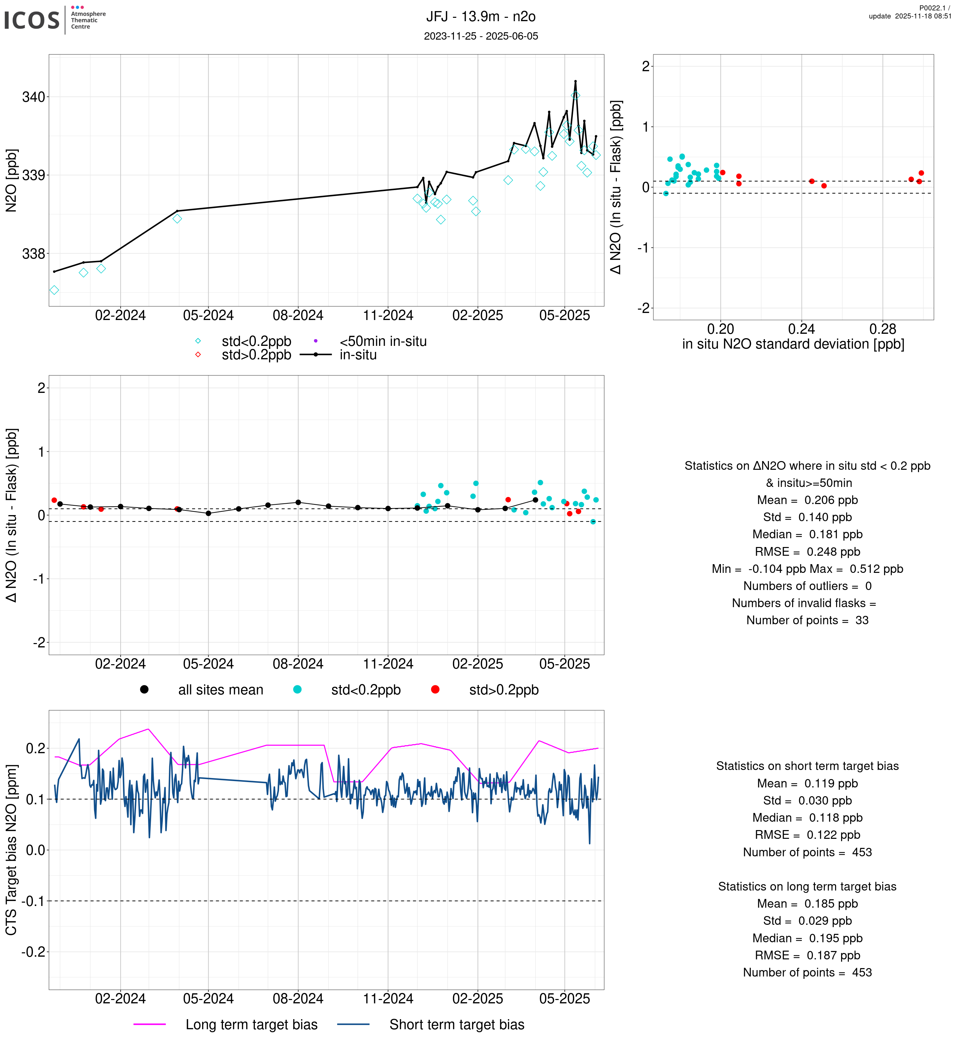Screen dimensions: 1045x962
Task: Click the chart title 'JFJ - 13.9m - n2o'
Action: click(480, 17)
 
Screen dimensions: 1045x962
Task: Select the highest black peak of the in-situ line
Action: click(575, 81)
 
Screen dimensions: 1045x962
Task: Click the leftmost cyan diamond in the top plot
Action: click(54, 290)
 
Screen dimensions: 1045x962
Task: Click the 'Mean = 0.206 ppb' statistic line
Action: click(807, 500)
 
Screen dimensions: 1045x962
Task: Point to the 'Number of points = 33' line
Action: click(807, 620)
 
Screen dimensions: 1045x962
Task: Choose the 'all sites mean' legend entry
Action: click(220, 690)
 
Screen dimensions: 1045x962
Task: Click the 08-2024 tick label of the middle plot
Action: click(298, 664)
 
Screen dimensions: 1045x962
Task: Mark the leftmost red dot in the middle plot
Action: click(54, 500)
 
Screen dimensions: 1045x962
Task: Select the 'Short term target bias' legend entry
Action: click(457, 1025)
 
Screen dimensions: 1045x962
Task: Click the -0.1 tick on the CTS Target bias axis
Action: click(33, 901)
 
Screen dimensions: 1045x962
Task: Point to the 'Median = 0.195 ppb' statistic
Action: click(807, 938)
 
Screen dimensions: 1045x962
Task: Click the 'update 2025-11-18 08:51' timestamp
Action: click(909, 16)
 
